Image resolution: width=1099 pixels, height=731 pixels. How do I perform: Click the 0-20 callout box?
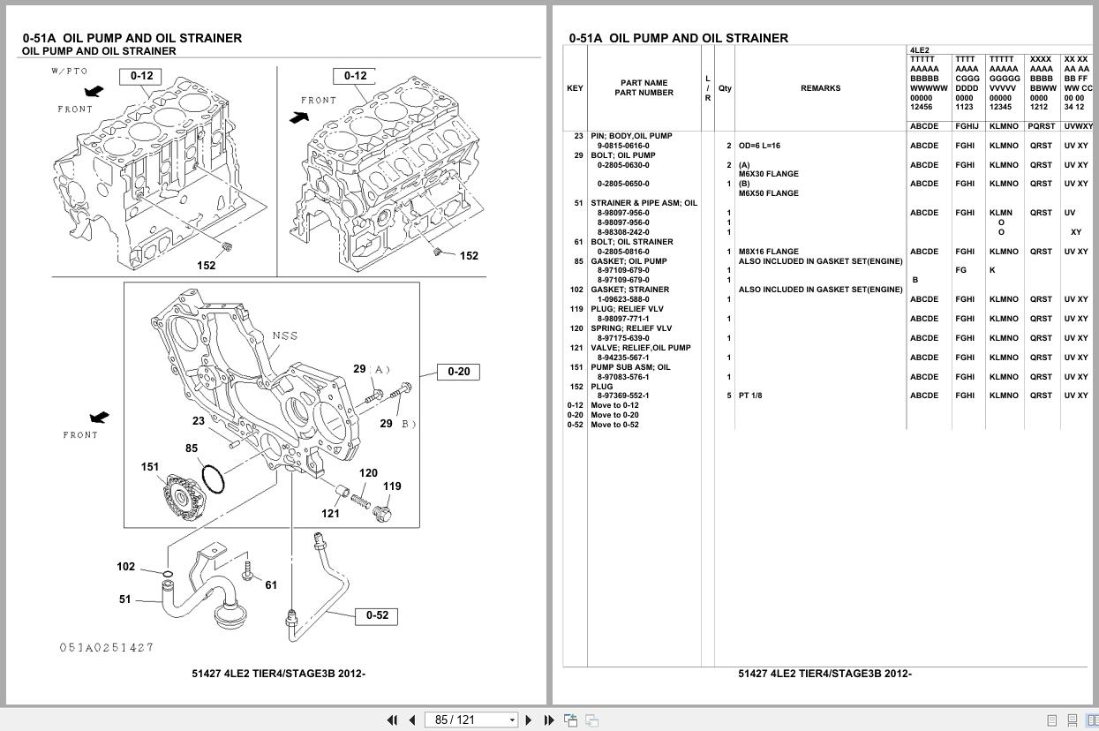(458, 372)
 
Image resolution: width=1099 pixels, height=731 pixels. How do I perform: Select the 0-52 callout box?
(377, 615)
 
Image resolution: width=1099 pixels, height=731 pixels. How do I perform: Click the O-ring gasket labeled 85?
(213, 479)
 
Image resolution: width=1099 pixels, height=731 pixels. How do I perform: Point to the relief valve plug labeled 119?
(383, 512)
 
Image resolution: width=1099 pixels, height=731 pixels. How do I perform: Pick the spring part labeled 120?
(360, 501)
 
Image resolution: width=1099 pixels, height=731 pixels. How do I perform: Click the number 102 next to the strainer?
(126, 567)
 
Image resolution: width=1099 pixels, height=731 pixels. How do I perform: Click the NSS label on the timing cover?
(285, 335)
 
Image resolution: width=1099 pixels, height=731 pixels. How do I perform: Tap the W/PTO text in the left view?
(70, 71)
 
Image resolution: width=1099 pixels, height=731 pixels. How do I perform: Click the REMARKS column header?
(820, 88)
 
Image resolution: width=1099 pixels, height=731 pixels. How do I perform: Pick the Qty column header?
(725, 88)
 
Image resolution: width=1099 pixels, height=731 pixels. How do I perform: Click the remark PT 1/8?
(750, 396)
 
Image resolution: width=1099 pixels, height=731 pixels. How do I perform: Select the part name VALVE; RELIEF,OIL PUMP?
(641, 348)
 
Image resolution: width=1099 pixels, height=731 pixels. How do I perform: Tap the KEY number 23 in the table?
(578, 136)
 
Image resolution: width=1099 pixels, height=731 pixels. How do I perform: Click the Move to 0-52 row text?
(614, 425)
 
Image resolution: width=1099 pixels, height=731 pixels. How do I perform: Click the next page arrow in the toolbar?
(528, 720)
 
